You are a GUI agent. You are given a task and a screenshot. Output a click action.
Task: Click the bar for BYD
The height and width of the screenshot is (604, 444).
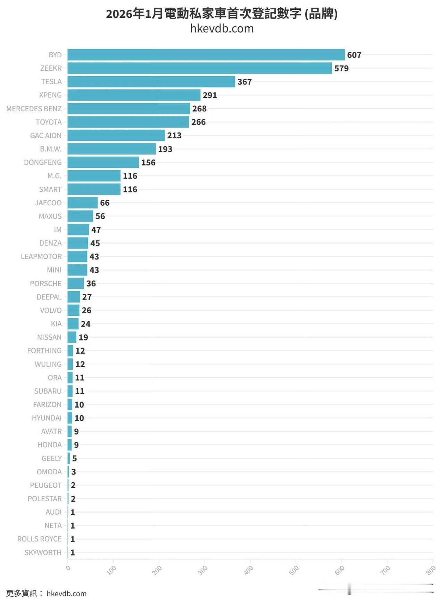point(206,55)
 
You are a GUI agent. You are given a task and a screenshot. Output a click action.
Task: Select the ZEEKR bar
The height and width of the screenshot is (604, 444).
point(200,68)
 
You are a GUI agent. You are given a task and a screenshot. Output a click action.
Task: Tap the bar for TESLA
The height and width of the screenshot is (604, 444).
point(151,82)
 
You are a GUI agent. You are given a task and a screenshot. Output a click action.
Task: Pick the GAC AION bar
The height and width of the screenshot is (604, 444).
point(116,136)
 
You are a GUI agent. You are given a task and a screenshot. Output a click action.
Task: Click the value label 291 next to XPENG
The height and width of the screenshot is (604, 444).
point(210,95)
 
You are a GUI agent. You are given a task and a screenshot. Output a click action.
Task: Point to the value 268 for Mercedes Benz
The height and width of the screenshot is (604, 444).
point(199,109)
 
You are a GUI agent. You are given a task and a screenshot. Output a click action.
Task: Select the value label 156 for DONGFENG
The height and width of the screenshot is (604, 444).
point(148,163)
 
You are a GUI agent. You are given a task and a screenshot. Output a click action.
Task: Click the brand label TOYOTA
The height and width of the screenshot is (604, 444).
point(49,122)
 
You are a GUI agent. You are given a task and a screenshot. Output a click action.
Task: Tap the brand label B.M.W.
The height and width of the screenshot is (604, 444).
point(51,149)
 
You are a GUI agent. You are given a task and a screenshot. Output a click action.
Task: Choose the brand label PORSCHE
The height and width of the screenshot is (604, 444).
point(46,284)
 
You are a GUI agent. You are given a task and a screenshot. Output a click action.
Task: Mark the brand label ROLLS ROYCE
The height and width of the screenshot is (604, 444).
point(40,539)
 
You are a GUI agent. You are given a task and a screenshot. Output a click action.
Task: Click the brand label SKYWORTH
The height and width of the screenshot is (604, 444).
point(43,553)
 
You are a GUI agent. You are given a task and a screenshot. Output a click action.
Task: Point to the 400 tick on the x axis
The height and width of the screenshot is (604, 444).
point(248,570)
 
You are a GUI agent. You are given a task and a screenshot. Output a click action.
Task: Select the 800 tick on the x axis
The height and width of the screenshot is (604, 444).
point(431,570)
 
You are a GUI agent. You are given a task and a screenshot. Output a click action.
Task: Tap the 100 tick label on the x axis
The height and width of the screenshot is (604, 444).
point(111,570)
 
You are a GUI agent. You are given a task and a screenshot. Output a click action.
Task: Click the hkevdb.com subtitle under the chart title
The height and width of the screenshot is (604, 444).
point(222,28)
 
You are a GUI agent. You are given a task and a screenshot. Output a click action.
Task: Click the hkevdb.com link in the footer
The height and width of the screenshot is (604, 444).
point(67,594)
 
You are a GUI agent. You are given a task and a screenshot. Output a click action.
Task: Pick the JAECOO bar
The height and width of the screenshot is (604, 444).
point(83,203)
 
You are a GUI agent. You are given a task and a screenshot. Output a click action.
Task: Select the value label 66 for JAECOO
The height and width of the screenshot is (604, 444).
point(105,203)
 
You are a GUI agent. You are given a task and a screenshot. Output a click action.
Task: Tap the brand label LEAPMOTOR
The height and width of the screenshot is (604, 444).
point(41,257)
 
